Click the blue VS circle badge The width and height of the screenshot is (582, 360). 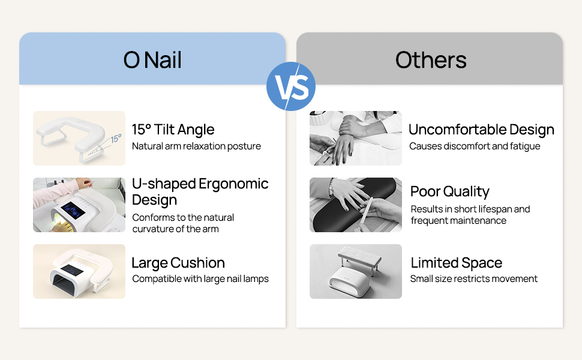[290, 86]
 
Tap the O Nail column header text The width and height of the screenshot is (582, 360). [152, 60]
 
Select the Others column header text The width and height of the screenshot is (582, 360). [430, 60]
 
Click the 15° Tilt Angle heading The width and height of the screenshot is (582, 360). [173, 130]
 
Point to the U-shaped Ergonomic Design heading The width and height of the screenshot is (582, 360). [200, 191]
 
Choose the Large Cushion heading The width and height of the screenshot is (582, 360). [178, 263]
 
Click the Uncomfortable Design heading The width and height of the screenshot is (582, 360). [481, 130]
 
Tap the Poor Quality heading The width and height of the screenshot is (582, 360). [449, 191]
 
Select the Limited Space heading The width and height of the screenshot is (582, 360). [456, 263]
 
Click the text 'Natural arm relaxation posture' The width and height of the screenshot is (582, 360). [196, 146]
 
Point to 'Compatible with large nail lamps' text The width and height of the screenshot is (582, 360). [200, 279]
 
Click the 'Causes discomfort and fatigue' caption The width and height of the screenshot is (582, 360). [475, 146]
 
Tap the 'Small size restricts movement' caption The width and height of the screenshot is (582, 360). [473, 279]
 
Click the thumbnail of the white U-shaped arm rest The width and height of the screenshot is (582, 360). [79, 138]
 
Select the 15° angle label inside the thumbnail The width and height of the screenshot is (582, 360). [115, 139]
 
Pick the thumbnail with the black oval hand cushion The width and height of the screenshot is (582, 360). [356, 205]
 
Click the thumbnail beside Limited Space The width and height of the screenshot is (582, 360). [356, 271]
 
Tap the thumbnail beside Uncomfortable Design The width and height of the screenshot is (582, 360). [356, 138]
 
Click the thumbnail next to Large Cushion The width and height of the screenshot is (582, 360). [79, 271]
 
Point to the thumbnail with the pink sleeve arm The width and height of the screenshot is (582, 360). [79, 205]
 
